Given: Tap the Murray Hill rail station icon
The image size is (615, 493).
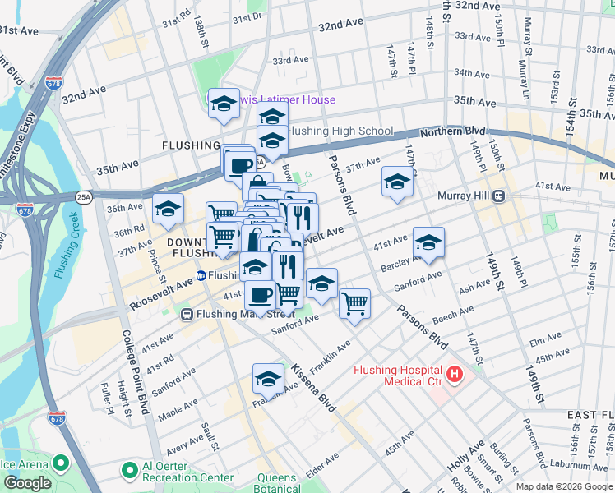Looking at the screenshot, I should pyautogui.click(x=498, y=197).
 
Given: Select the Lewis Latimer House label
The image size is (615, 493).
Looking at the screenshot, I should pyautogui.click(x=281, y=100).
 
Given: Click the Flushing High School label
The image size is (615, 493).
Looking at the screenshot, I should pyautogui.click(x=340, y=131).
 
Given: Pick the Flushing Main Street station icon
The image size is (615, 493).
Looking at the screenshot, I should pyautogui.click(x=187, y=314).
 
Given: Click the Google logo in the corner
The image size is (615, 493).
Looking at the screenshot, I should pyautogui.click(x=27, y=483).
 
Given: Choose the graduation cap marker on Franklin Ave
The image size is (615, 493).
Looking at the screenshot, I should pyautogui.click(x=268, y=379).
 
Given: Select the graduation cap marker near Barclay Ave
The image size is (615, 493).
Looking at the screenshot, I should pyautogui.click(x=428, y=242).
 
